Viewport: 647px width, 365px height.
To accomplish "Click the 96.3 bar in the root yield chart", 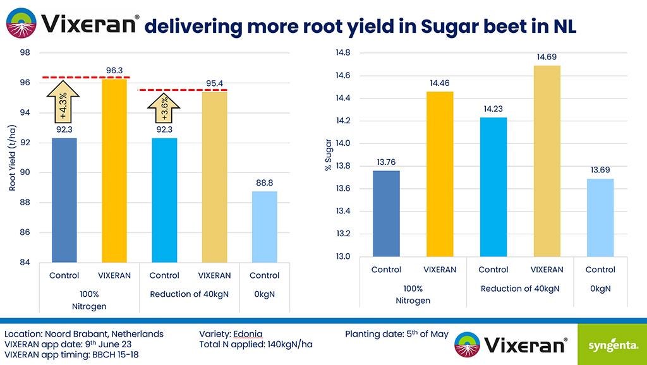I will click(x=114, y=171).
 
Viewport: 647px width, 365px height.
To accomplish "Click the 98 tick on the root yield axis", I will click(x=26, y=53).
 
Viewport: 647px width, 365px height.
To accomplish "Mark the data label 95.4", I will click(x=215, y=83).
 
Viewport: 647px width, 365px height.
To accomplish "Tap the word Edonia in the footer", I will click(x=248, y=333).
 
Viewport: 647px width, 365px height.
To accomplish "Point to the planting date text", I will click(x=396, y=333).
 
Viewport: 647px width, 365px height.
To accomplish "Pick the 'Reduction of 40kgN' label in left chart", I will click(x=190, y=294).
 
